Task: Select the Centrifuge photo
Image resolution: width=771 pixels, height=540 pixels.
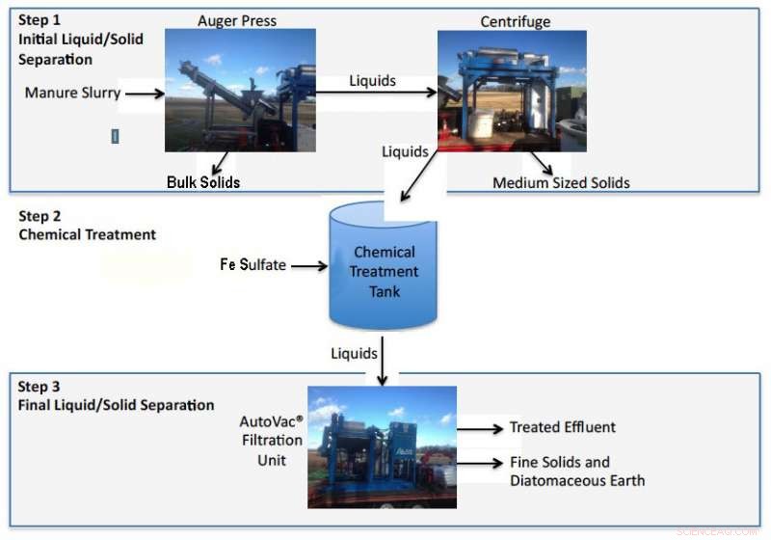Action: pyautogui.click(x=511, y=91)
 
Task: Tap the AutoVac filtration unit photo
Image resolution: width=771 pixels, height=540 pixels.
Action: pyautogui.click(x=382, y=445)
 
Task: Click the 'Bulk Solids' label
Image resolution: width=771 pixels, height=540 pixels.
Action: pyautogui.click(x=203, y=181)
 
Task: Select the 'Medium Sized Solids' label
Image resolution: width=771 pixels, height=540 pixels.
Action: pyautogui.click(x=562, y=182)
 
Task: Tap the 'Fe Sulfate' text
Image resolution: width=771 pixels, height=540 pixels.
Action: pyautogui.click(x=253, y=264)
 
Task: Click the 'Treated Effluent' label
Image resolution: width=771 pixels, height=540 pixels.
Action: pyautogui.click(x=562, y=427)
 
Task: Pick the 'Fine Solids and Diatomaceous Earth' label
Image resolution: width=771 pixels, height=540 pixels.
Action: pyautogui.click(x=576, y=472)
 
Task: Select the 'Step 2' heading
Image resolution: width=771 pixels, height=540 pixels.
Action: pyautogui.click(x=40, y=216)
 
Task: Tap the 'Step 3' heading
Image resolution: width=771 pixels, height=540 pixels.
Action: pyautogui.click(x=40, y=387)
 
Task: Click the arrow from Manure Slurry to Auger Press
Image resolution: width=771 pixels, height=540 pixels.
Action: pyautogui.click(x=146, y=94)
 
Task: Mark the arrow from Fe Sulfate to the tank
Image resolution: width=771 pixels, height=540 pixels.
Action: pyautogui.click(x=310, y=265)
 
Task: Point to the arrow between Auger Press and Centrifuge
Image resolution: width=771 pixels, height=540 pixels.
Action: pyautogui.click(x=376, y=94)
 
